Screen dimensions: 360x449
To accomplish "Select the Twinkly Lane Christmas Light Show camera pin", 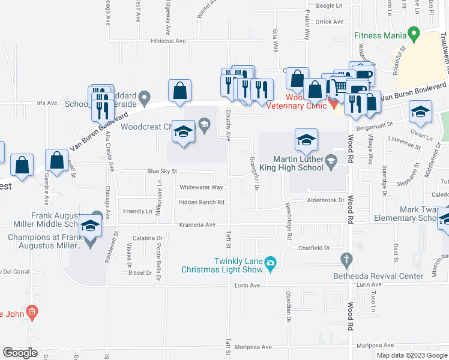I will [x=271, y=262].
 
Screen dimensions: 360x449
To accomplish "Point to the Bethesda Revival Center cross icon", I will [x=345, y=259].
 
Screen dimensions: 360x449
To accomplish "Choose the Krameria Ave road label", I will [x=197, y=224].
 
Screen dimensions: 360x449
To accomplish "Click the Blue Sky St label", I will [x=162, y=172].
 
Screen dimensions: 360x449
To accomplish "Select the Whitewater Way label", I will [x=201, y=187].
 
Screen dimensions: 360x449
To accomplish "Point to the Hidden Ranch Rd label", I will [x=201, y=202].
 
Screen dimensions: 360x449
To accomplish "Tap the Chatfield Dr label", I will [x=315, y=247].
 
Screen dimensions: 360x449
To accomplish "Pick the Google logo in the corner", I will [x=20, y=353].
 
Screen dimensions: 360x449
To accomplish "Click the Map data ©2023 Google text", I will [x=412, y=355].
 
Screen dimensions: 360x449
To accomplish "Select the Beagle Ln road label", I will [x=328, y=5].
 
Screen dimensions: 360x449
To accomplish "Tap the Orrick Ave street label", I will [x=329, y=22].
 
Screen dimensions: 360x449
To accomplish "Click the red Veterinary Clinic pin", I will [x=334, y=104].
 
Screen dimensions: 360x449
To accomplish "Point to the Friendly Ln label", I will [x=137, y=211].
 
